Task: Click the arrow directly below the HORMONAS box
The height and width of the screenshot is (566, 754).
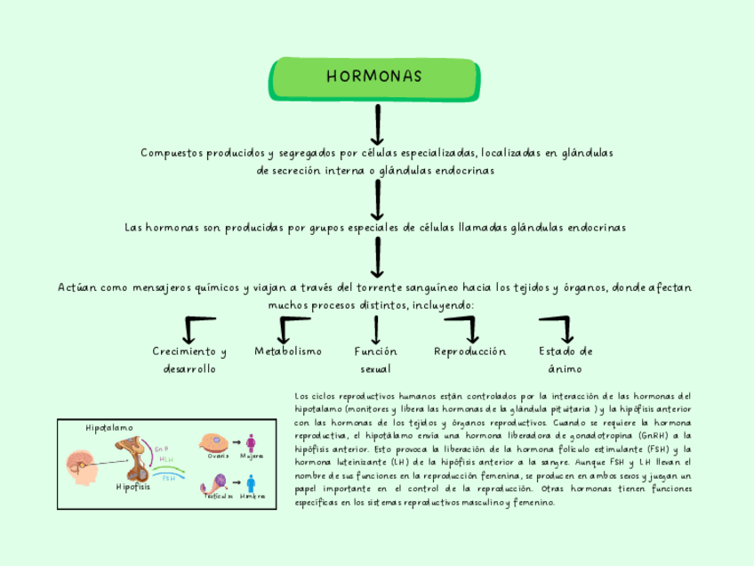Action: [x=378, y=124]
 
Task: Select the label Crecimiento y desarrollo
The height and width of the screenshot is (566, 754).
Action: [x=189, y=360]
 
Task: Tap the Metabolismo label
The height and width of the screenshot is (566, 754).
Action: [x=288, y=352]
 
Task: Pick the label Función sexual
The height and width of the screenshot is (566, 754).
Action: [x=375, y=360]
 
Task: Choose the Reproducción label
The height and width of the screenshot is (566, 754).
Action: [x=469, y=352]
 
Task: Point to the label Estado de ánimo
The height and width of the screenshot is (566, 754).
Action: [x=565, y=360]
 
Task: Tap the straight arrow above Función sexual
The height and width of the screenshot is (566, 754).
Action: [x=377, y=330]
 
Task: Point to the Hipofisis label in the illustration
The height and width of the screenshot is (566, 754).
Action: [x=133, y=487]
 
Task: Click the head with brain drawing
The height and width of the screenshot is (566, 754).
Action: [x=83, y=466]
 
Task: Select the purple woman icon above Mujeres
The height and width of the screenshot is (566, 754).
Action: [x=252, y=442]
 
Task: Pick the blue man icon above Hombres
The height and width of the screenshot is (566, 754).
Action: [x=252, y=483]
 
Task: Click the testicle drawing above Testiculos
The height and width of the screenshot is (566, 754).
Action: [x=214, y=483]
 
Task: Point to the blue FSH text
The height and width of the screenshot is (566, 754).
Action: [x=168, y=477]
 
